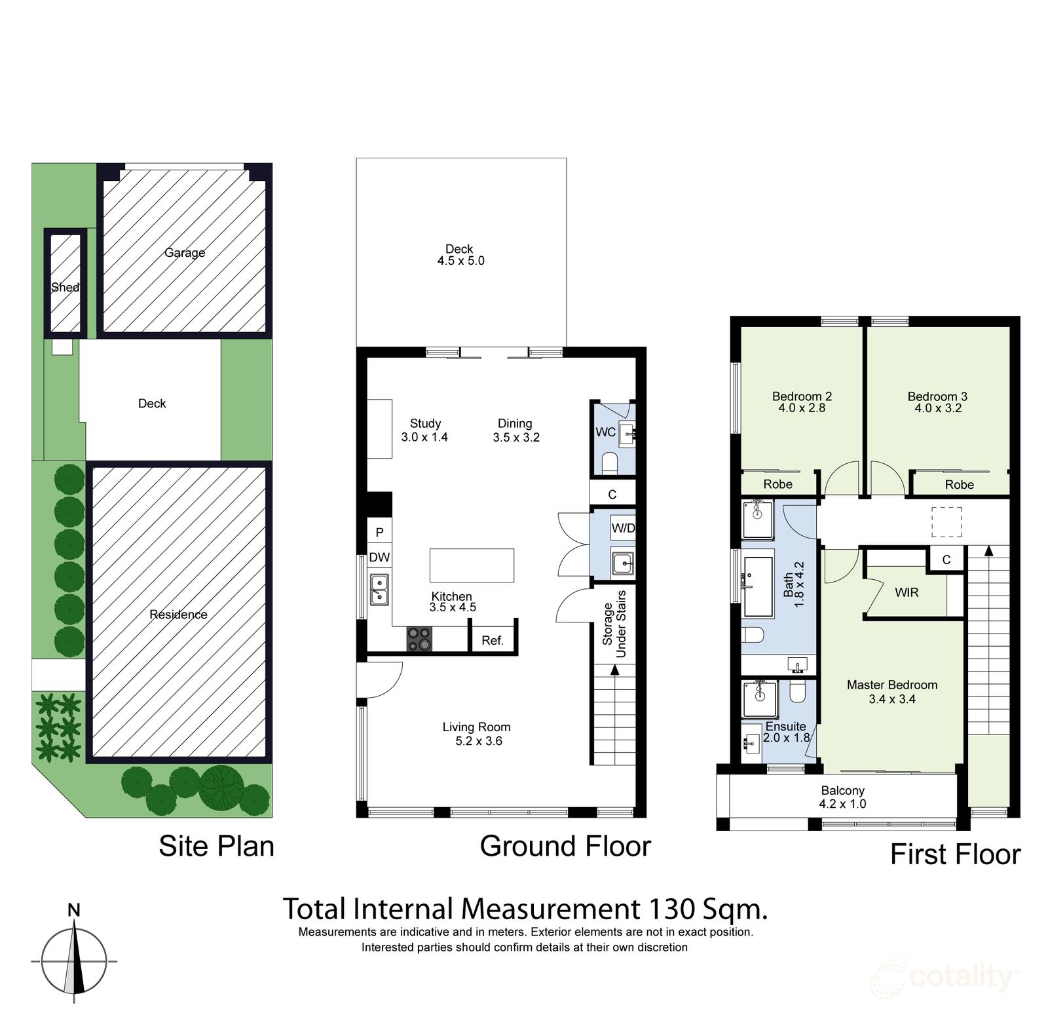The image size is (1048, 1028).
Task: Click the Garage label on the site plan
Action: (x=184, y=252)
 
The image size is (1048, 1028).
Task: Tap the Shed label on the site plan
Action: (x=65, y=287)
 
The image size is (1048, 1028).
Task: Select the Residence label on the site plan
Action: (x=178, y=614)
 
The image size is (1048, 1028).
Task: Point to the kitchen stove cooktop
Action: (x=419, y=639)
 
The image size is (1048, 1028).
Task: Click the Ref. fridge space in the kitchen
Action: (x=493, y=640)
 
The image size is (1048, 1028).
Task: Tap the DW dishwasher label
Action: (x=379, y=558)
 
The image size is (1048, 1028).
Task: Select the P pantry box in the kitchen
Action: (x=379, y=532)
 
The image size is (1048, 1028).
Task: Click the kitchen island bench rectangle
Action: (x=472, y=565)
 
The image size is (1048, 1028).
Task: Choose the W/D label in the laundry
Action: (x=623, y=527)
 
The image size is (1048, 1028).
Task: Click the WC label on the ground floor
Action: (x=605, y=432)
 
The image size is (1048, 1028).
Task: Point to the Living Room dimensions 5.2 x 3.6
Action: (x=478, y=741)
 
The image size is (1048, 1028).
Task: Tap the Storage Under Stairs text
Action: (x=614, y=624)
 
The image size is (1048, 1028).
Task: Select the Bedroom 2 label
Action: (x=802, y=396)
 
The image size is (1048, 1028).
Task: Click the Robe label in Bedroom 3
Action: (x=959, y=485)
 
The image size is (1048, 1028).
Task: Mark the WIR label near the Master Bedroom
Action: (x=907, y=592)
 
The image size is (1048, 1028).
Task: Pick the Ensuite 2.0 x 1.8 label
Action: (x=786, y=732)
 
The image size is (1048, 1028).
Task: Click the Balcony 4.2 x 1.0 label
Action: (x=842, y=797)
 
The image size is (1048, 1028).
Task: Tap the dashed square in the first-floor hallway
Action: (x=946, y=522)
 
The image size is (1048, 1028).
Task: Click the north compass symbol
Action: (x=74, y=961)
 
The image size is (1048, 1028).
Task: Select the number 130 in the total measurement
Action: (x=671, y=909)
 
